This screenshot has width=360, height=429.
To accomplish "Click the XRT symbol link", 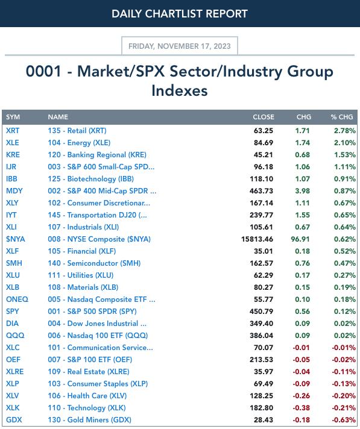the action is pos(13,131).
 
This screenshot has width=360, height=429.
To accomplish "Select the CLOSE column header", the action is pos(264,117).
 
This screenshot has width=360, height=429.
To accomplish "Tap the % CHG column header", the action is pos(342,117).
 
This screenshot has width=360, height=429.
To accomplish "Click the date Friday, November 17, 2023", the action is pos(180,46).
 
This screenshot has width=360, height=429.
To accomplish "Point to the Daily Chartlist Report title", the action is pos(180,14).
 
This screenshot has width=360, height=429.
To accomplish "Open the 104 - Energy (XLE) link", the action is pos(79,143).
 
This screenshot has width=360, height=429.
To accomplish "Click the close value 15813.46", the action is pos(257,239).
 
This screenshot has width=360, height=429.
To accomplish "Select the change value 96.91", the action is pos(300,239).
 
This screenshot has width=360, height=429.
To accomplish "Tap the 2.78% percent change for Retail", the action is pos(345,131).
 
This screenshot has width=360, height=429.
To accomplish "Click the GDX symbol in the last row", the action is pos(14,419).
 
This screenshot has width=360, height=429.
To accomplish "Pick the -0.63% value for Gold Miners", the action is pos(344,419).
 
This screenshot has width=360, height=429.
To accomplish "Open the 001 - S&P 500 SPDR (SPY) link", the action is pos(92,311).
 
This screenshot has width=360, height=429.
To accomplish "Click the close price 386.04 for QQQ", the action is pos(261,335).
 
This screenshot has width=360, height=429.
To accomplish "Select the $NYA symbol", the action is pos(15,239).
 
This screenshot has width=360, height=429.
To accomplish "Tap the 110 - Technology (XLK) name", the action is pos(87,407).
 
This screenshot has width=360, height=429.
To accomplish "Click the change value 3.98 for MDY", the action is pos(302,190).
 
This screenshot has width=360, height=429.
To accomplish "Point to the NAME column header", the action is pos(58,117).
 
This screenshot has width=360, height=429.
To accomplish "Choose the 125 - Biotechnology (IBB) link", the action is pos(91,179).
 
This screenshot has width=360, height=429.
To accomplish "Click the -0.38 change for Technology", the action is pos(301,407).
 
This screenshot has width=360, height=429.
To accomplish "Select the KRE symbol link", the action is pos(13,155).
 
